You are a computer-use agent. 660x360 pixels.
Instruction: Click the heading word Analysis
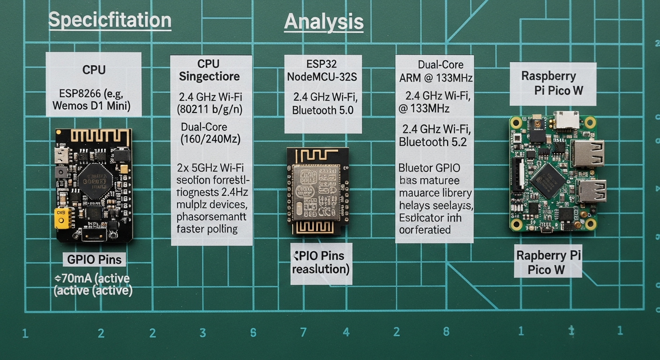pyautogui.click(x=323, y=22)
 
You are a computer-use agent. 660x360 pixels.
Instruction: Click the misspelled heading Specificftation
pyautogui.click(x=110, y=21)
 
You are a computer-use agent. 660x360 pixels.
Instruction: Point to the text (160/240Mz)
pyautogui.click(x=210, y=139)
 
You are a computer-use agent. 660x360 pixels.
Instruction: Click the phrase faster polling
pyautogui.click(x=207, y=229)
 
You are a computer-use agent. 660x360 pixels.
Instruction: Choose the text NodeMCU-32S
pyautogui.click(x=322, y=77)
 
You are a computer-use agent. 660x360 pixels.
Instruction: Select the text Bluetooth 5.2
pyautogui.click(x=433, y=142)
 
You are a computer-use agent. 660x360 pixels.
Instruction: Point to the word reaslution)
pyautogui.click(x=321, y=269)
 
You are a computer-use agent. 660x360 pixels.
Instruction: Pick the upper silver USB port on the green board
pyautogui.click(x=587, y=153)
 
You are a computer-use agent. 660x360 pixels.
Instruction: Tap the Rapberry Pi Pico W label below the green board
pyautogui.click(x=548, y=262)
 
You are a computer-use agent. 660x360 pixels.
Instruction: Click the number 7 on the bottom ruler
pyautogui.click(x=303, y=332)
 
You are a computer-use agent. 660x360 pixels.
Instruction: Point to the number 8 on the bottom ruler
pyautogui.click(x=446, y=331)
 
